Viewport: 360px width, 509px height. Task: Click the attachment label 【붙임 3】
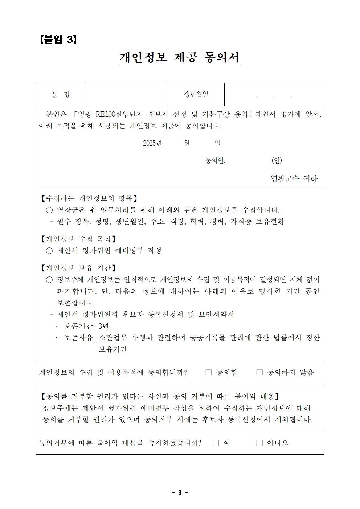pyautogui.click(x=58, y=40)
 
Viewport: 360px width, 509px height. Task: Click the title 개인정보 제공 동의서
pyautogui.click(x=180, y=57)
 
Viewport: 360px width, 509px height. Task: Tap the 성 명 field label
pyautogui.click(x=61, y=95)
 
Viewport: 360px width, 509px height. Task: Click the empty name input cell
pyautogui.click(x=126, y=95)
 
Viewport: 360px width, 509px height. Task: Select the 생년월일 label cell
pyautogui.click(x=196, y=95)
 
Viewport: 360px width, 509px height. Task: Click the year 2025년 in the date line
pyautogui.click(x=152, y=143)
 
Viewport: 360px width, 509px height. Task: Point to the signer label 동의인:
pyautogui.click(x=215, y=160)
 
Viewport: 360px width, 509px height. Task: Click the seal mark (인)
pyautogui.click(x=277, y=160)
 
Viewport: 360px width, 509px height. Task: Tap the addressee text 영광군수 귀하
pyautogui.click(x=294, y=178)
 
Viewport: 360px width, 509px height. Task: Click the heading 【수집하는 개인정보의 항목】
pyautogui.click(x=88, y=198)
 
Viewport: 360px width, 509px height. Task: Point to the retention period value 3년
pyautogui.click(x=103, y=326)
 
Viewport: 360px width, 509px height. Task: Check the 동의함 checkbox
pyautogui.click(x=209, y=373)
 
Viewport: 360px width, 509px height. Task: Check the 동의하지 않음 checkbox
pyautogui.click(x=259, y=373)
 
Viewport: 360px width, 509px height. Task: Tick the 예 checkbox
pyautogui.click(x=216, y=443)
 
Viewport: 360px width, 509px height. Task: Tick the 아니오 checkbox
pyautogui.click(x=259, y=443)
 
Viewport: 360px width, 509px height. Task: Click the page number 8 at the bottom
pyautogui.click(x=180, y=493)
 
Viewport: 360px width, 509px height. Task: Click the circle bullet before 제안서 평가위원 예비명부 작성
pyautogui.click(x=49, y=251)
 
